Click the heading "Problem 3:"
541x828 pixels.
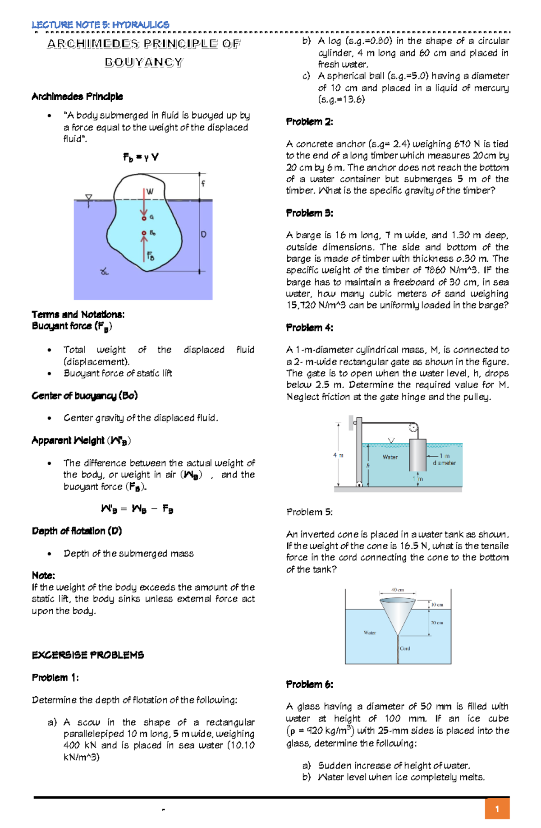click(309, 213)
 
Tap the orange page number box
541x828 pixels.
click(497, 809)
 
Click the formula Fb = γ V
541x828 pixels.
click(141, 157)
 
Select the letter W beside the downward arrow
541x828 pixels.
click(150, 191)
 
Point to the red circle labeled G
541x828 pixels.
click(144, 218)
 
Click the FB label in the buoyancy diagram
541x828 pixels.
click(151, 257)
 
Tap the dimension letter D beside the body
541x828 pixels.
click(204, 235)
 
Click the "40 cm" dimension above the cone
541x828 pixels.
click(397, 590)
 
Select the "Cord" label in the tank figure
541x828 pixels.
click(405, 648)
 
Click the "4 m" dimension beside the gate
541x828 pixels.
click(338, 455)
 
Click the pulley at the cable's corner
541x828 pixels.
click(413, 427)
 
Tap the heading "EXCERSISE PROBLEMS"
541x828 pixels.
click(88, 655)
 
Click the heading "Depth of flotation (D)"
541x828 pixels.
click(77, 531)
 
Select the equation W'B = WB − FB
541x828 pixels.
click(137, 509)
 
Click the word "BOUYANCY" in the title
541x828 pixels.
click(144, 62)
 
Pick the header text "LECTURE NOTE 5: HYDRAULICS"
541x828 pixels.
click(101, 25)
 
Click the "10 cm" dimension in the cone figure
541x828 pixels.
click(437, 605)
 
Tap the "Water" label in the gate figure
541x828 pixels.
click(390, 457)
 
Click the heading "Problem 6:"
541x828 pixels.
click(309, 684)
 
